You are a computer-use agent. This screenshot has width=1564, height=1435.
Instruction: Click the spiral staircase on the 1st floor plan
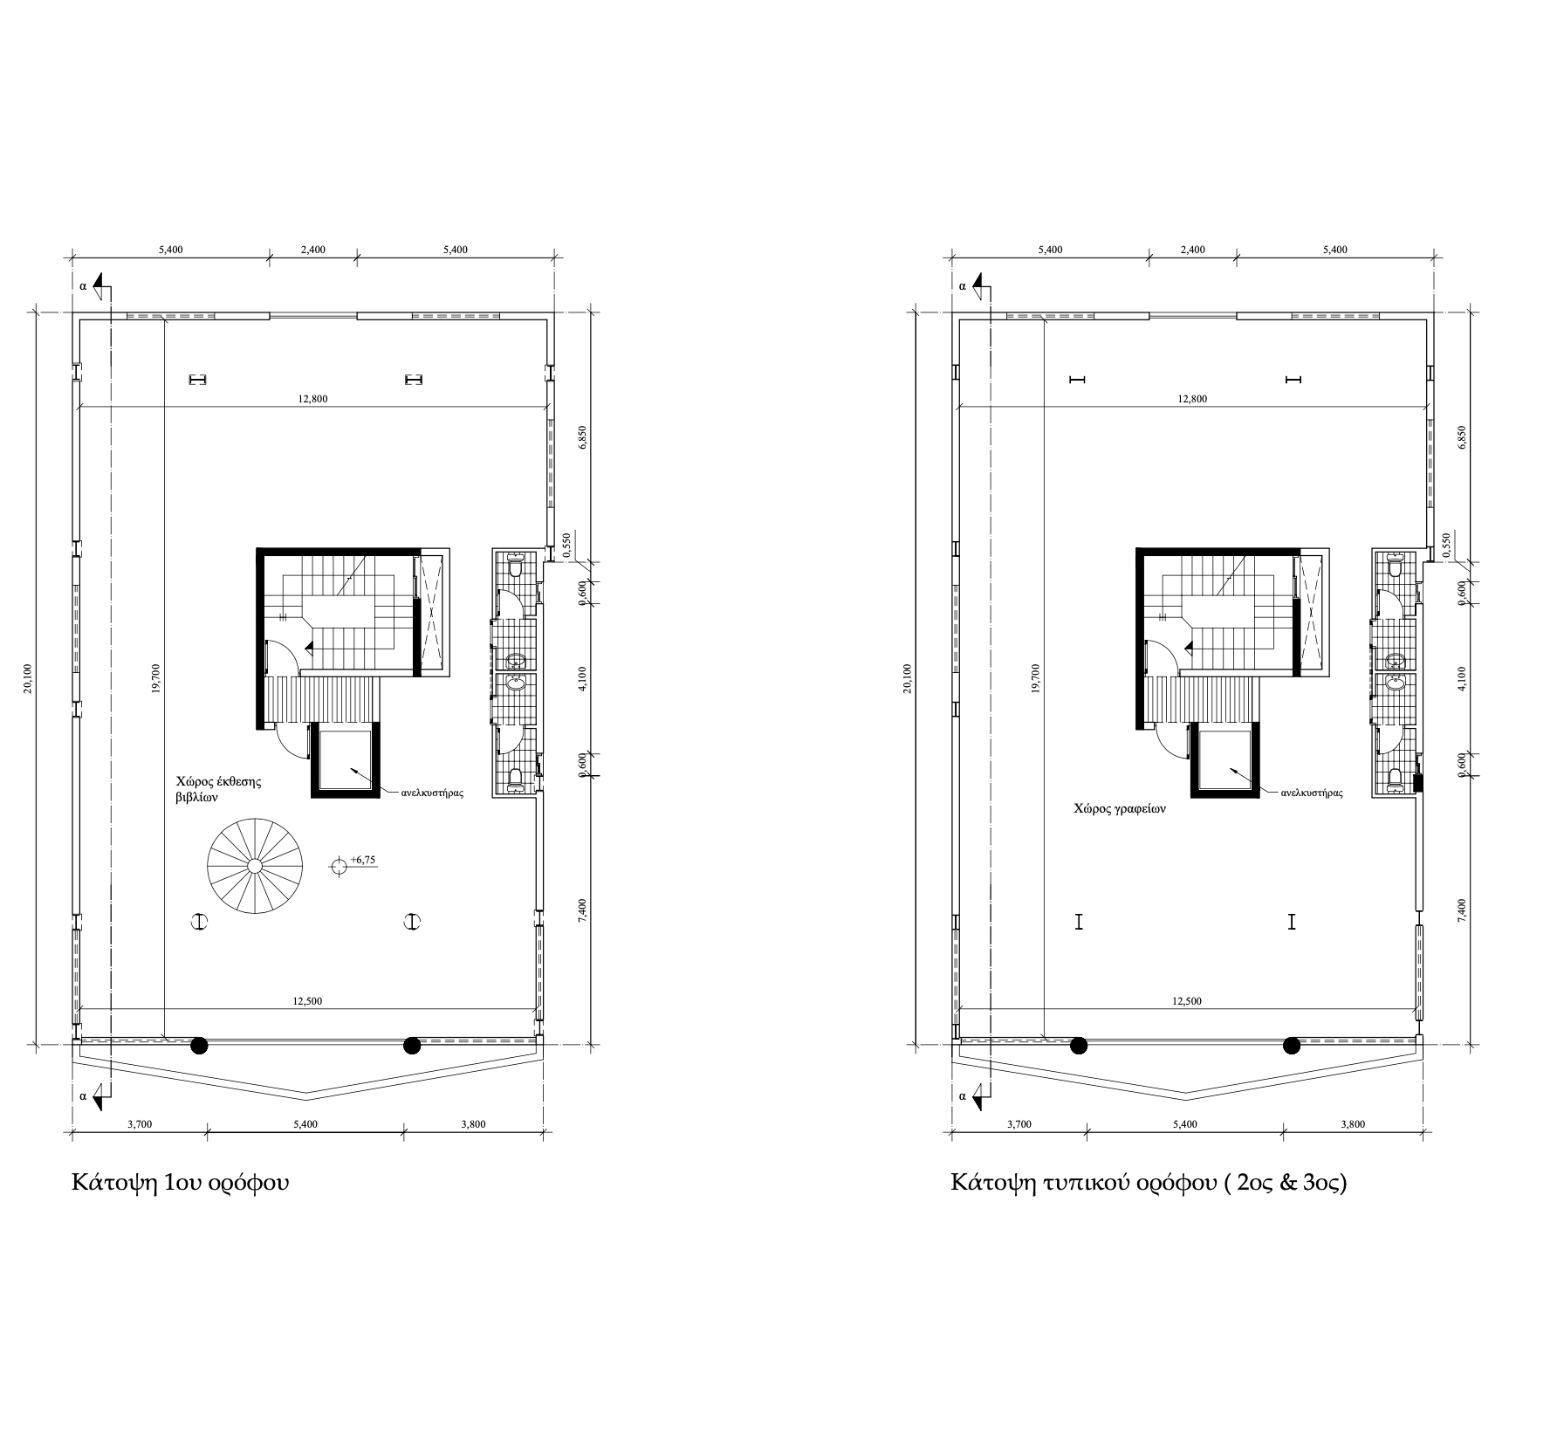click(254, 865)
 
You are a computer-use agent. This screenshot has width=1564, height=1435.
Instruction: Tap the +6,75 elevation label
click(362, 860)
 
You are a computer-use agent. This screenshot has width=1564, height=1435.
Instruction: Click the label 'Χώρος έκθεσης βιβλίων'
click(218, 789)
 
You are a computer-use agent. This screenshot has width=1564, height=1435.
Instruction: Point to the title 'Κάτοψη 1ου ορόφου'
click(180, 1184)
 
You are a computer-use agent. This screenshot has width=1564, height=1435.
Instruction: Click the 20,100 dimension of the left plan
click(28, 678)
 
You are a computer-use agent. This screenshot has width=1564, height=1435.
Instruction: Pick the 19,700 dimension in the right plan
click(1035, 678)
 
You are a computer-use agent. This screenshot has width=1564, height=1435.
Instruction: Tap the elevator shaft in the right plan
click(1227, 759)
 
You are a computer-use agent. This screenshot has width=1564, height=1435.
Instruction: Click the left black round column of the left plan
click(200, 1045)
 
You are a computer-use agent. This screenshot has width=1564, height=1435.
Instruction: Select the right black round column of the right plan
click(1292, 1045)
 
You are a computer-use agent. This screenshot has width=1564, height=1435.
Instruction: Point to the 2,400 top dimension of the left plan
click(312, 250)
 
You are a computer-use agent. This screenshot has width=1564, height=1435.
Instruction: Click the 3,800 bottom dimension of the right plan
click(1352, 1124)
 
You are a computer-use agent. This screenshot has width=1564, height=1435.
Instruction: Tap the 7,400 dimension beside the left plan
click(584, 909)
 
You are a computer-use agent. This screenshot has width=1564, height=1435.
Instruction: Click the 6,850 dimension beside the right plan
click(1463, 437)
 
